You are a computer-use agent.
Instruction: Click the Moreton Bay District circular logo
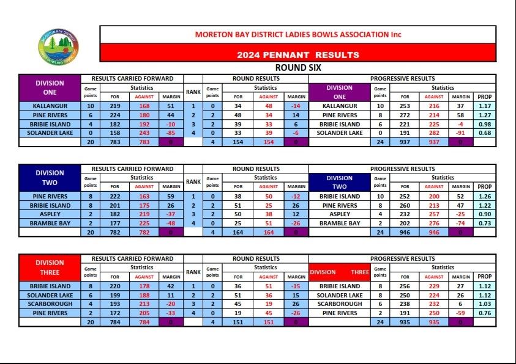[x=58, y=46]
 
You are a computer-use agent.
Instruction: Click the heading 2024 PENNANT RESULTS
[x=297, y=54]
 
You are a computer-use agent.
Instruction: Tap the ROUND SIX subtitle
[x=298, y=68]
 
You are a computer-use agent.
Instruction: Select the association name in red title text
[x=297, y=35]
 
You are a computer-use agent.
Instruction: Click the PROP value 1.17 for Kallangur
[x=484, y=106]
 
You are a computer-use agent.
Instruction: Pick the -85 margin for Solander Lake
[x=170, y=133]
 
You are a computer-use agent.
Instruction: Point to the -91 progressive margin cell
[x=460, y=133]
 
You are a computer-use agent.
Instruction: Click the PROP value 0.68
[x=484, y=133]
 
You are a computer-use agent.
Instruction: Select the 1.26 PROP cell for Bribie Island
[x=484, y=197]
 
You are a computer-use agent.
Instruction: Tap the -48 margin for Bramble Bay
[x=170, y=224]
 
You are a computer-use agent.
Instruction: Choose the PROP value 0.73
[x=484, y=224]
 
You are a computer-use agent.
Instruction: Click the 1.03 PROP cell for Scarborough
[x=484, y=304]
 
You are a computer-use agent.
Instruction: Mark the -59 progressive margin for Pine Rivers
[x=460, y=313]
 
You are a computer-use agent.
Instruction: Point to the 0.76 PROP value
[x=484, y=313]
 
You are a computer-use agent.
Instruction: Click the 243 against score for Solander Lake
[x=144, y=133]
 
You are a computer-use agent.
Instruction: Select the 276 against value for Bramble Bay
[x=433, y=224]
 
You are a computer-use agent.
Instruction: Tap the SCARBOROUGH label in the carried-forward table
[x=50, y=304]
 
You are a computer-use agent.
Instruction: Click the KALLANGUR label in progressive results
[x=339, y=106]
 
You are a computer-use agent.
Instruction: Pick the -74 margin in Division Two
[x=460, y=224]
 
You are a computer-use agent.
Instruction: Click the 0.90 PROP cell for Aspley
[x=484, y=214]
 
